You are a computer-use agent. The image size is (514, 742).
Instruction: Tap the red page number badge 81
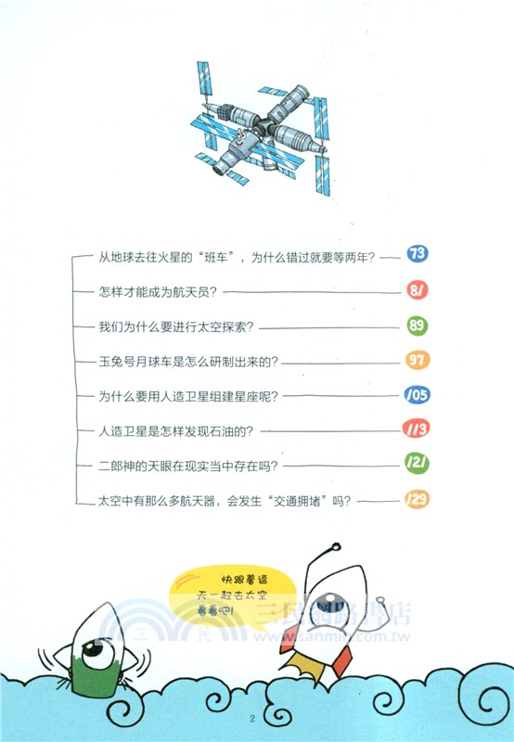coord(416,290)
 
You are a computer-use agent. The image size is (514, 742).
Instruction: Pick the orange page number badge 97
coord(416,360)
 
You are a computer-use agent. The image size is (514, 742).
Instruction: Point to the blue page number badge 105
coord(416,395)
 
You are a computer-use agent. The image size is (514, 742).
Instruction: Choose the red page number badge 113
coord(416,429)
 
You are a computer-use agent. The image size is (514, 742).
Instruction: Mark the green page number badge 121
coord(416,465)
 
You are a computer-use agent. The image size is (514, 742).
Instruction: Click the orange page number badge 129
coord(416,500)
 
